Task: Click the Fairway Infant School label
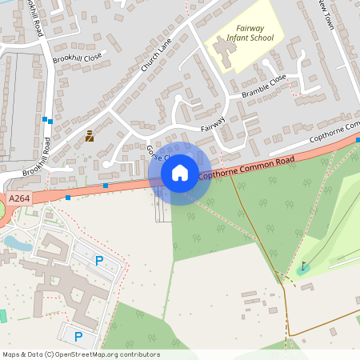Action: coord(250,33)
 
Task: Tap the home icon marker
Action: coord(180,172)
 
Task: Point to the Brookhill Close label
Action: coord(79,58)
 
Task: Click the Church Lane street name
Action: coord(157,57)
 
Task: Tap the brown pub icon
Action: coord(90,136)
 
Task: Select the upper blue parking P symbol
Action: coord(99,260)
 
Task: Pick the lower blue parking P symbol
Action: coord(78,336)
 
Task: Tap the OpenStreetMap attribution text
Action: coord(81,354)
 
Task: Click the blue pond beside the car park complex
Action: coord(15,242)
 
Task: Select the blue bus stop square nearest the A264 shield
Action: coord(68,196)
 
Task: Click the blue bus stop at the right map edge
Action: coord(358,140)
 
